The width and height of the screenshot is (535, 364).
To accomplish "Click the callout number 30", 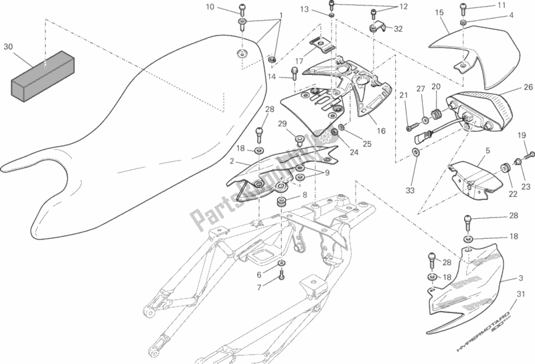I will click(x=9, y=47).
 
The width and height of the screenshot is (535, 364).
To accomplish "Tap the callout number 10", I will click(x=210, y=7).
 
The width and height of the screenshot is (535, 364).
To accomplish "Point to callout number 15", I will click(x=440, y=12).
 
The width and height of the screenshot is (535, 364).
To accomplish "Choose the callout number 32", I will click(x=398, y=29).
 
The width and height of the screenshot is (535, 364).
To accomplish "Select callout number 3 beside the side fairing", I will click(x=520, y=277).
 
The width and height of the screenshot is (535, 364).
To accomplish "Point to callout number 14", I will click(x=273, y=76).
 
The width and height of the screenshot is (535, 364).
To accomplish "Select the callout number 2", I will click(x=231, y=161).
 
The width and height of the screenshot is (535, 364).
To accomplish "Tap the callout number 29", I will click(x=282, y=124).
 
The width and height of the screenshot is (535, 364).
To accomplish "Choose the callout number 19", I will click(x=522, y=136).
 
